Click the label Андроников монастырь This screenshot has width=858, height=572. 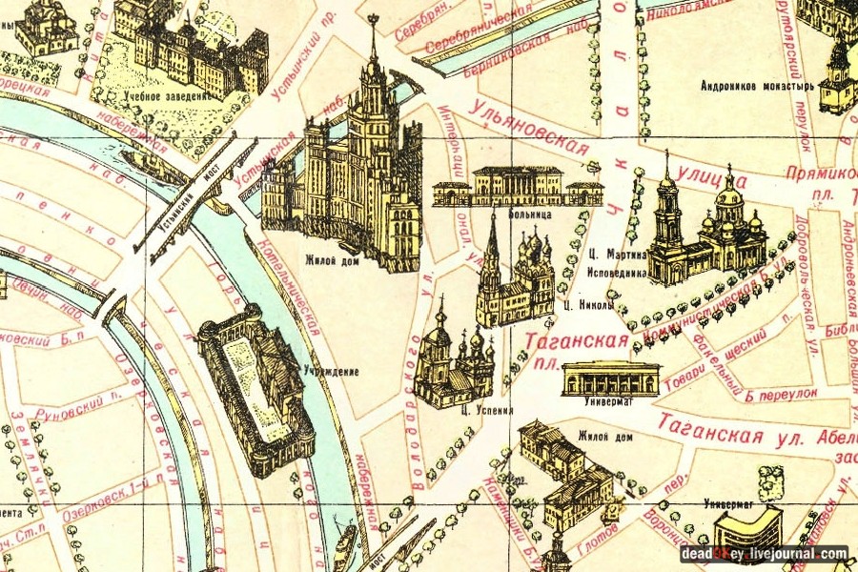click(758, 86)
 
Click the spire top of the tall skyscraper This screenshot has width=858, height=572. click(373, 21)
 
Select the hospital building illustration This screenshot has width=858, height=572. click(517, 186)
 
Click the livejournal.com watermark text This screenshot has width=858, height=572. click(799, 553)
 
